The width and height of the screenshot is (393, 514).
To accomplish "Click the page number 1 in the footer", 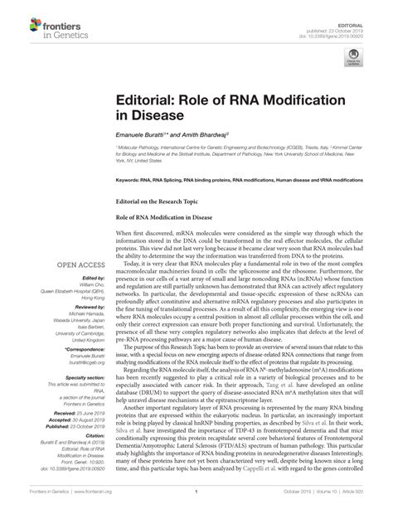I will tap(196, 501).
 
